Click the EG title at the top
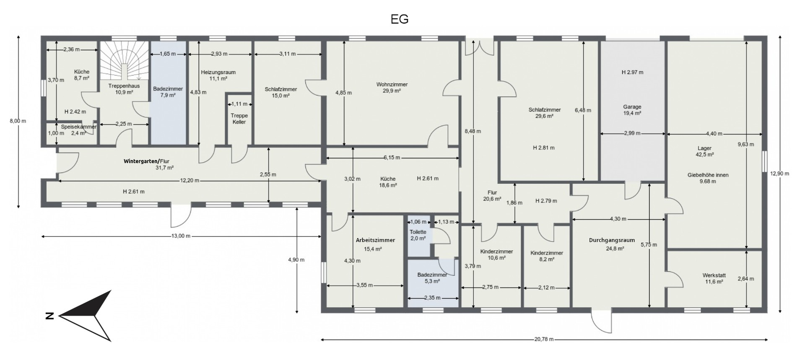pyautogui.click(x=399, y=19)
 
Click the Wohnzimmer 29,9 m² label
pyautogui.click(x=392, y=87)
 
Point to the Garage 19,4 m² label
pyautogui.click(x=632, y=110)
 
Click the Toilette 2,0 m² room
pyautogui.click(x=418, y=235)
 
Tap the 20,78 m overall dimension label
pyautogui.click(x=544, y=339)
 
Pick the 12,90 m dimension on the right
pyautogui.click(x=780, y=174)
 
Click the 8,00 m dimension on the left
pyautogui.click(x=18, y=121)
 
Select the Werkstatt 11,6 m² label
pyautogui.click(x=714, y=278)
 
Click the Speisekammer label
pyautogui.click(x=78, y=127)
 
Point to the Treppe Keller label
pyautogui.click(x=239, y=119)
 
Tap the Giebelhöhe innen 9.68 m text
pyautogui.click(x=708, y=178)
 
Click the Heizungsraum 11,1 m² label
pyautogui.click(x=218, y=75)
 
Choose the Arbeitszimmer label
pyautogui.click(x=375, y=240)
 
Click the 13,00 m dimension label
pyautogui.click(x=181, y=236)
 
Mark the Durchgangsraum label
pyautogui.click(x=612, y=240)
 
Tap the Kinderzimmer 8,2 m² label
pyautogui.click(x=546, y=256)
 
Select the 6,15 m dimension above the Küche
pyautogui.click(x=391, y=158)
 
